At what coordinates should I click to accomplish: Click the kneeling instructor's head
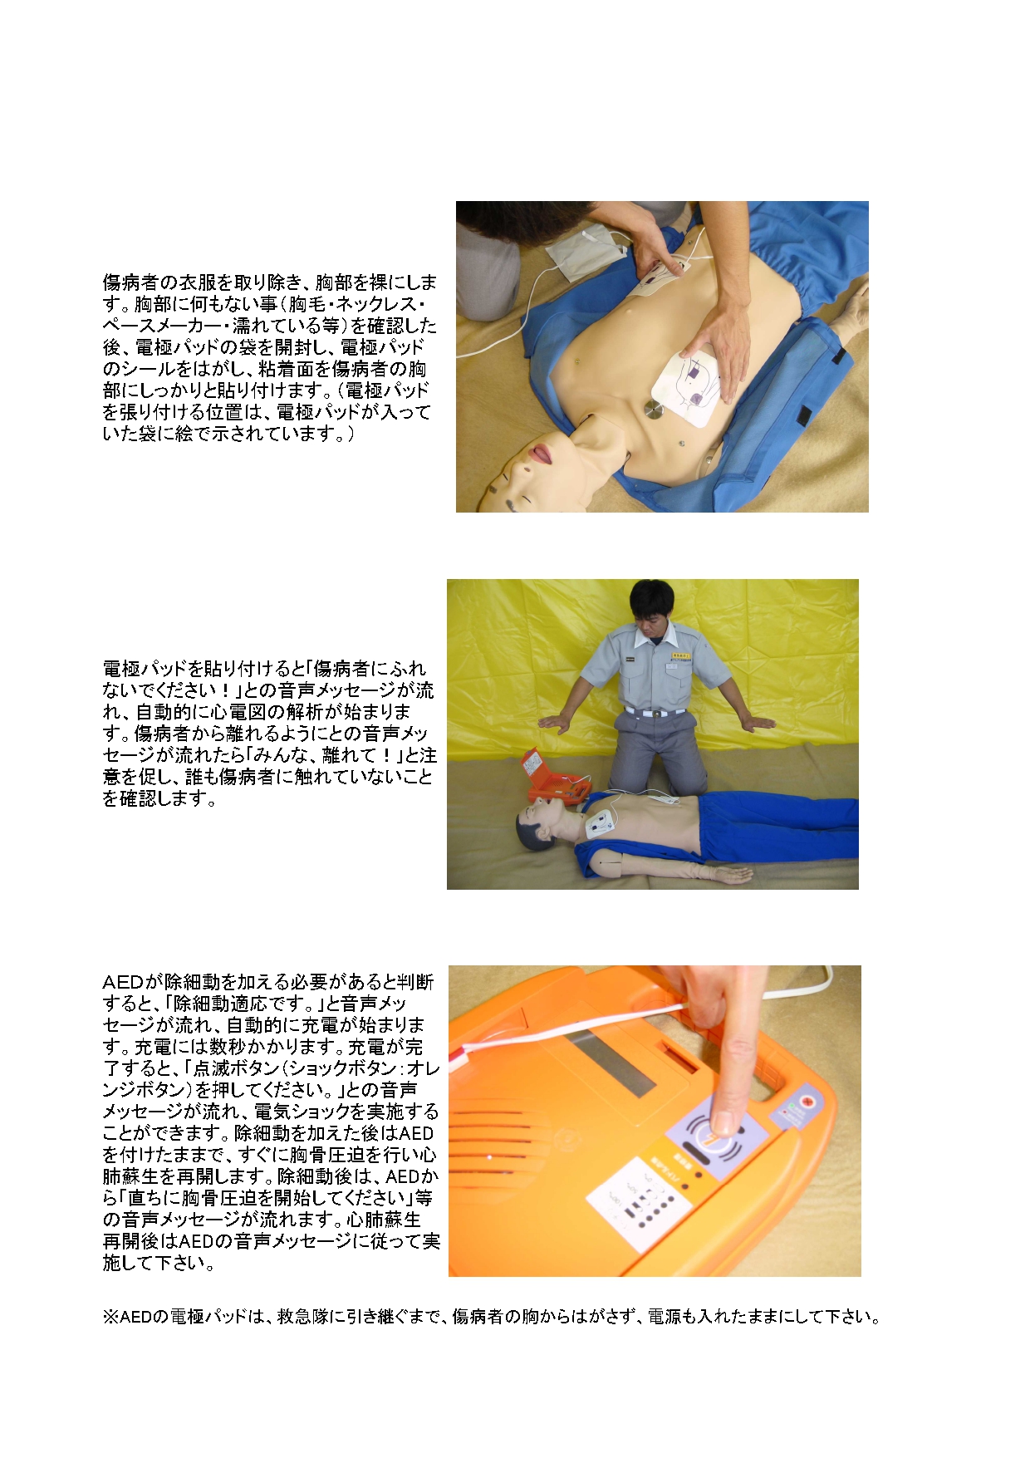click(x=651, y=604)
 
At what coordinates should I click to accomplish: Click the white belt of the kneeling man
click(x=655, y=712)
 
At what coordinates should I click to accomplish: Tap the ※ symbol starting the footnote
click(x=111, y=1317)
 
